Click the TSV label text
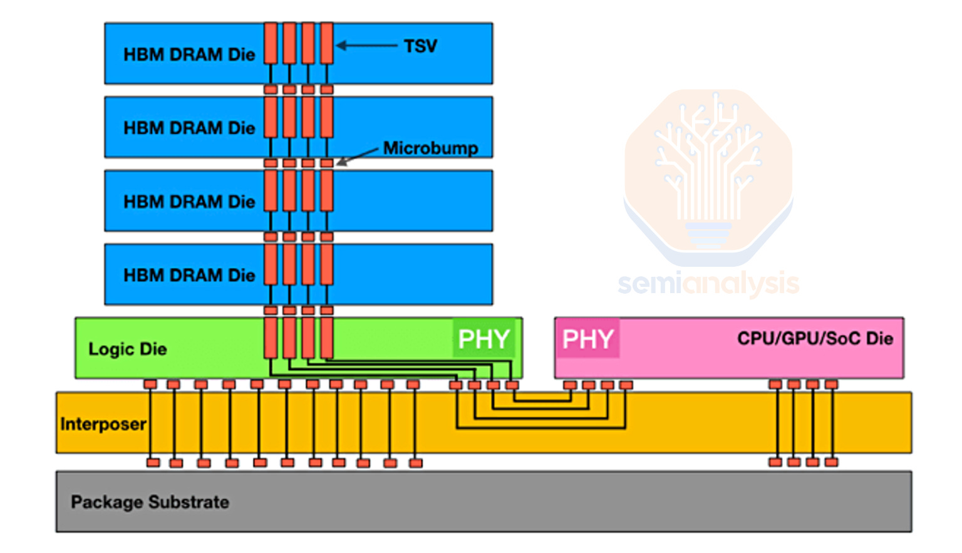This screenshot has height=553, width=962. coord(420,46)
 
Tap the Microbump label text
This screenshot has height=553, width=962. coord(430,148)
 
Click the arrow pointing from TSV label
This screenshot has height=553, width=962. coord(366,45)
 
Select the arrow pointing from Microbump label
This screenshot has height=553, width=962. coord(358,156)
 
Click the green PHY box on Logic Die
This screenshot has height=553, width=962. coord(484,339)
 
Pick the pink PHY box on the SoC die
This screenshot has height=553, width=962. coord(587,339)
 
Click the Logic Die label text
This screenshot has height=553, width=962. coord(127,349)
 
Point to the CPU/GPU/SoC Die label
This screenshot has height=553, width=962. coord(814,339)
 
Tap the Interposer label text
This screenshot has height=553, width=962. coord(103,424)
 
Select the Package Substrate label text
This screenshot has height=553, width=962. coord(150,502)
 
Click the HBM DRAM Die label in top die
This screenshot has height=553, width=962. coord(189,54)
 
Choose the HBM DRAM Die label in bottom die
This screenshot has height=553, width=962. coord(189,275)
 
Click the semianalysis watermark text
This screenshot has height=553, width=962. coord(708,284)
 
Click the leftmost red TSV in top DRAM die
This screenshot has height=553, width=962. coord(271,43)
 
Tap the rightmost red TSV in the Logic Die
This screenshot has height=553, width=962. coord(327,338)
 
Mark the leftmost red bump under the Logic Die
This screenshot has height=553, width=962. coord(150,384)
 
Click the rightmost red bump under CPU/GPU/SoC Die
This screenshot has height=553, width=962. coord(832,384)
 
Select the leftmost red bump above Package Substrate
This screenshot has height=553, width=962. coord(153,463)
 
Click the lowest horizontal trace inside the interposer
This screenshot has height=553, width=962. coord(540,428)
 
